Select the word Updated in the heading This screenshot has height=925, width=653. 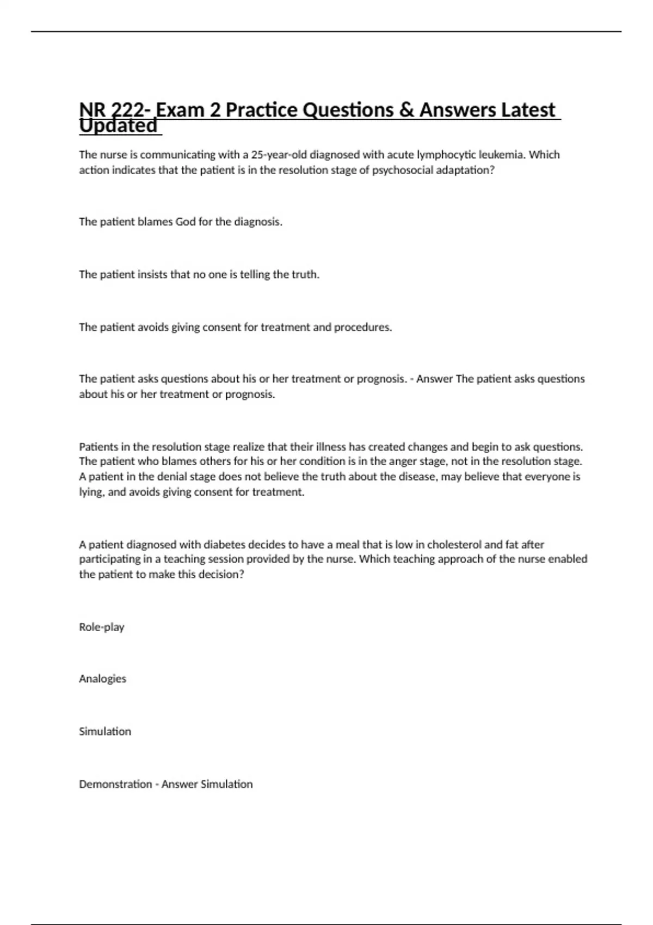118,126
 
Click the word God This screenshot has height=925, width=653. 185,222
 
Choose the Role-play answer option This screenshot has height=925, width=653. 102,627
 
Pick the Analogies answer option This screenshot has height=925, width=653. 102,679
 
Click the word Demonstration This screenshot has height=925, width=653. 115,785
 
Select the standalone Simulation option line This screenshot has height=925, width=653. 105,732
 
